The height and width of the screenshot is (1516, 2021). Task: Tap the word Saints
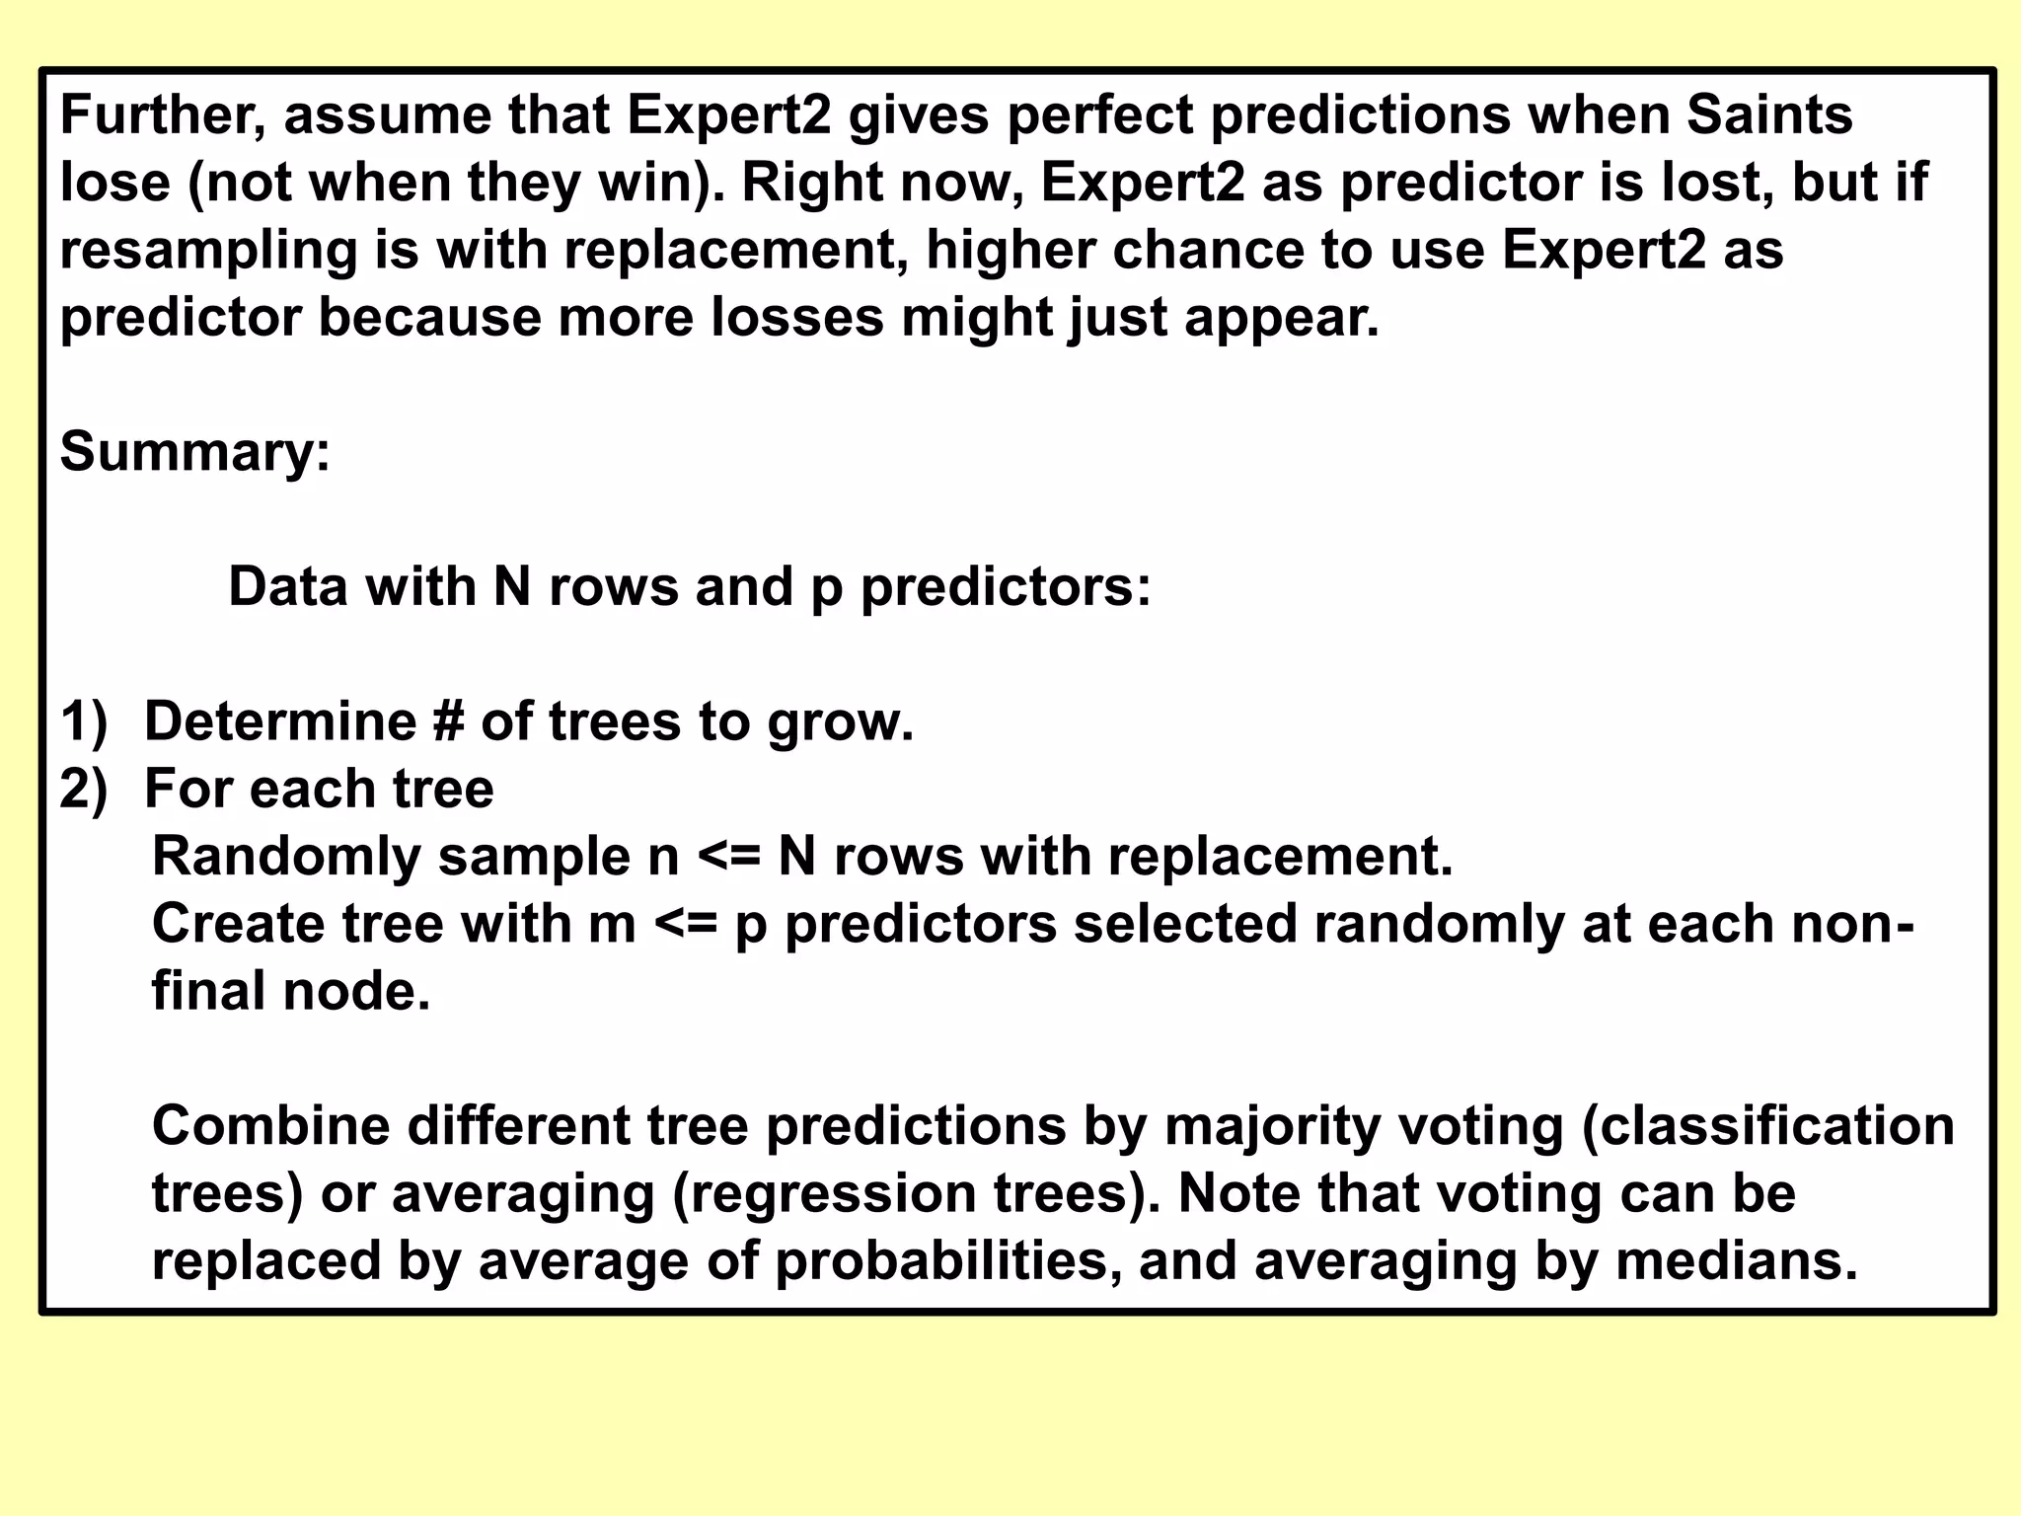(x=1768, y=115)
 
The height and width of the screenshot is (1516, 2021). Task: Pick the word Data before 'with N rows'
(x=288, y=587)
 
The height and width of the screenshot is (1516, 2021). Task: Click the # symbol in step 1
(x=447, y=721)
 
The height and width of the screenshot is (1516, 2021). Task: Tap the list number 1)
(x=83, y=721)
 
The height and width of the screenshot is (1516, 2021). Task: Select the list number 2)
(x=83, y=790)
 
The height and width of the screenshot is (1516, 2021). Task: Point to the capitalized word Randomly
(x=286, y=857)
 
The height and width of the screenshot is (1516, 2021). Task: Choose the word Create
(x=238, y=925)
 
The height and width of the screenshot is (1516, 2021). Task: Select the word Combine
(x=270, y=1126)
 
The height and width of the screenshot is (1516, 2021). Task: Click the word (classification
(x=1767, y=1126)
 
